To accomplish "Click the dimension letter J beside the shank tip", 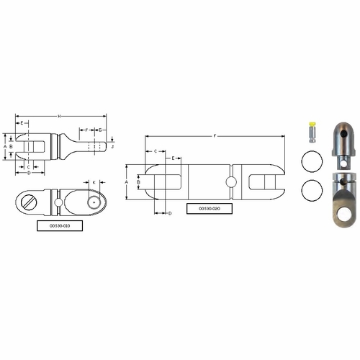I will pyautogui.click(x=112, y=145).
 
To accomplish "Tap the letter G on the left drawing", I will pyautogui.click(x=100, y=130).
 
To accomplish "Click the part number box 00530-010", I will pyautogui.click(x=60, y=225).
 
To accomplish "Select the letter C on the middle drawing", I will pyautogui.click(x=156, y=151).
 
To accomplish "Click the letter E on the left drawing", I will pyautogui.click(x=23, y=123).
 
